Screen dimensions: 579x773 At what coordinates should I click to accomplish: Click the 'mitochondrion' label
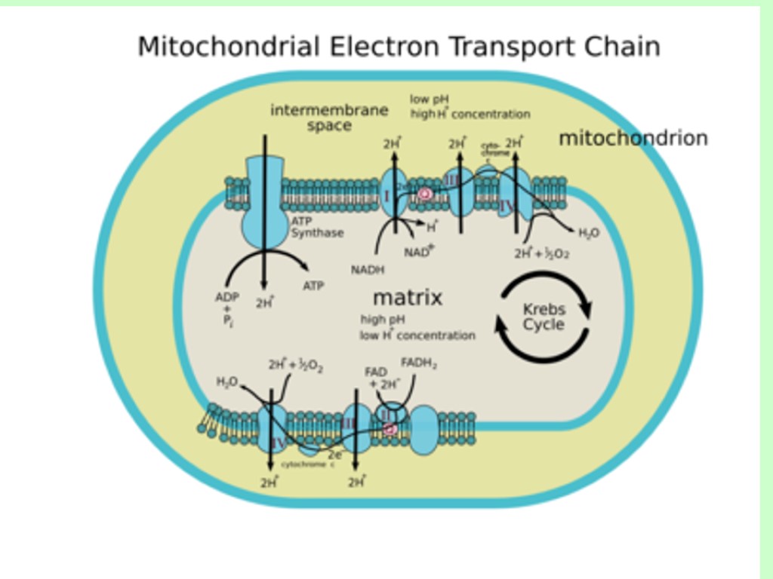pyautogui.click(x=633, y=138)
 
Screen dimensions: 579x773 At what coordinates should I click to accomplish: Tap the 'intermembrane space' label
pyautogui.click(x=329, y=118)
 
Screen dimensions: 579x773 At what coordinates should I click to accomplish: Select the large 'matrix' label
pyautogui.click(x=407, y=297)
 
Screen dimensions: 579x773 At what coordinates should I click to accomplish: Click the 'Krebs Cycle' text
pyautogui.click(x=544, y=317)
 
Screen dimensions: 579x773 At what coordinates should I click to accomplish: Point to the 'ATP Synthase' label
pyautogui.click(x=317, y=228)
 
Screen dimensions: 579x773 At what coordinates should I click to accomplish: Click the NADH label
pyautogui.click(x=368, y=269)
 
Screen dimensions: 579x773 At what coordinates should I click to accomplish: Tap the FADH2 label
pyautogui.click(x=419, y=363)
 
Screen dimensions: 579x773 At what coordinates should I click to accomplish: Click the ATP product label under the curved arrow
pyautogui.click(x=313, y=286)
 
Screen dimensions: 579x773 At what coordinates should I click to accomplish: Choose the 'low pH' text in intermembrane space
pyautogui.click(x=430, y=99)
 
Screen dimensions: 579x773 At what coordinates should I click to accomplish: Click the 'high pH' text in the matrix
pyautogui.click(x=383, y=319)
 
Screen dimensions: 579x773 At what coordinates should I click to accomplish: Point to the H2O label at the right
pyautogui.click(x=589, y=233)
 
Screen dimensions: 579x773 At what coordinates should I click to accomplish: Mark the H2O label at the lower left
pyautogui.click(x=226, y=382)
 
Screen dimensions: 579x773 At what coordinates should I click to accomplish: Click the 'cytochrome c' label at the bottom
pyautogui.click(x=308, y=464)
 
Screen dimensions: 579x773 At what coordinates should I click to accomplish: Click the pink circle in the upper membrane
pyautogui.click(x=425, y=194)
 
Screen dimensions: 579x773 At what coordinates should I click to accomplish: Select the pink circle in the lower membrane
pyautogui.click(x=390, y=429)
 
